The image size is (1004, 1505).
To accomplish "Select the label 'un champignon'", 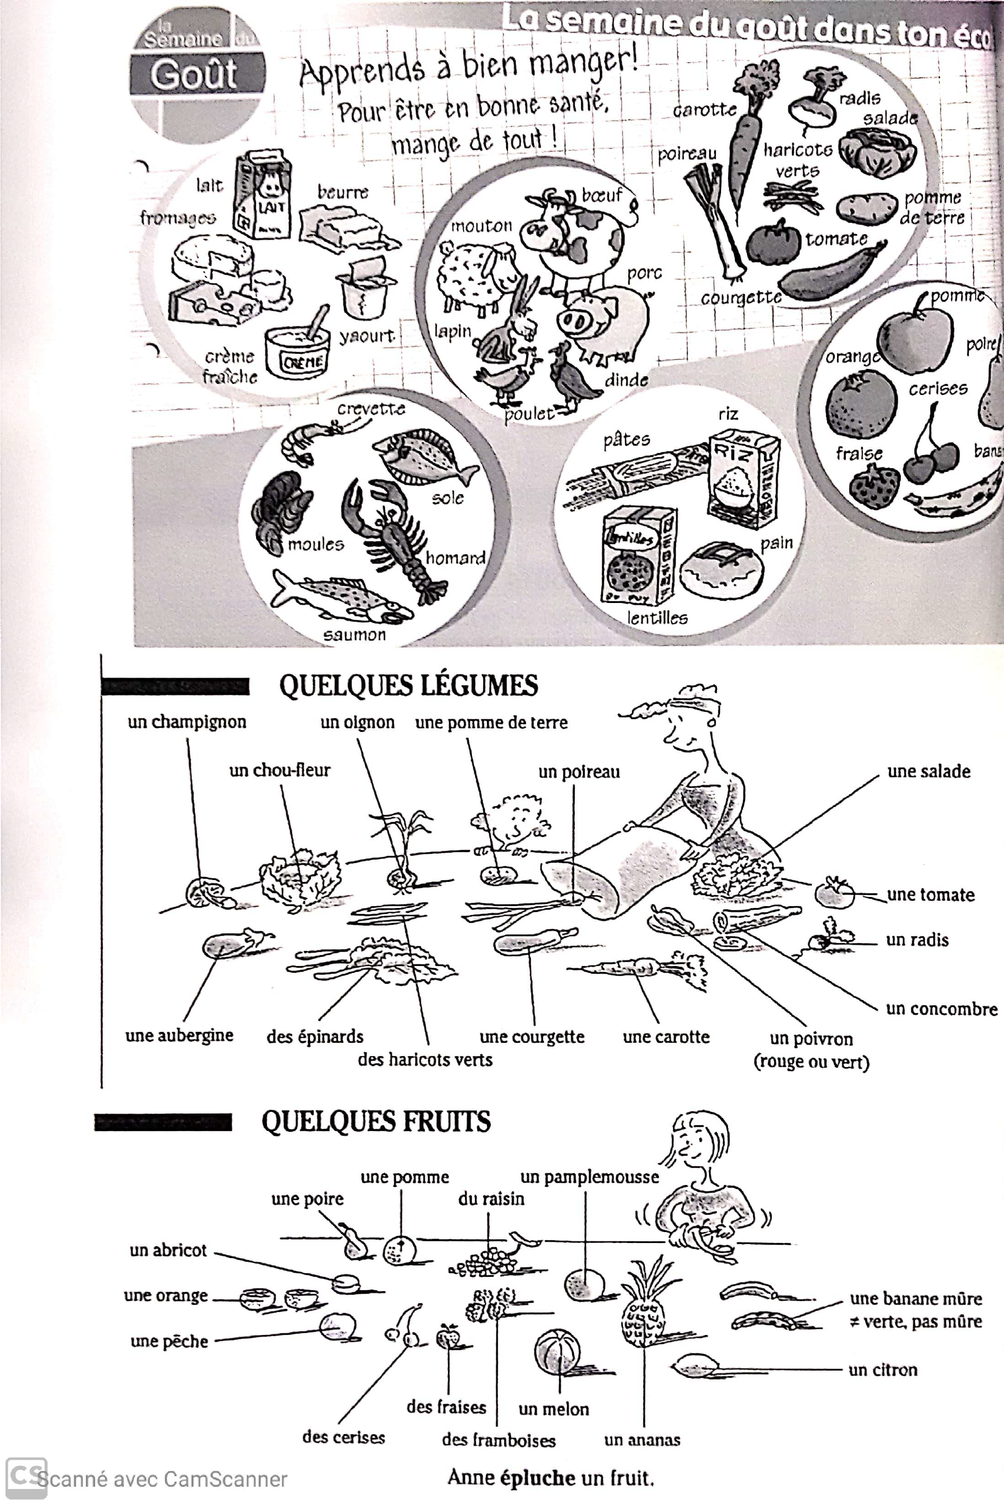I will click(187, 722).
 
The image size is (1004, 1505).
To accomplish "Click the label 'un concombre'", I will click(941, 1009).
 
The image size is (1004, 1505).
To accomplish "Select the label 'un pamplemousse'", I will click(589, 1177).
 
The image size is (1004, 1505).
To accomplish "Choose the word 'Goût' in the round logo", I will click(194, 75).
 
